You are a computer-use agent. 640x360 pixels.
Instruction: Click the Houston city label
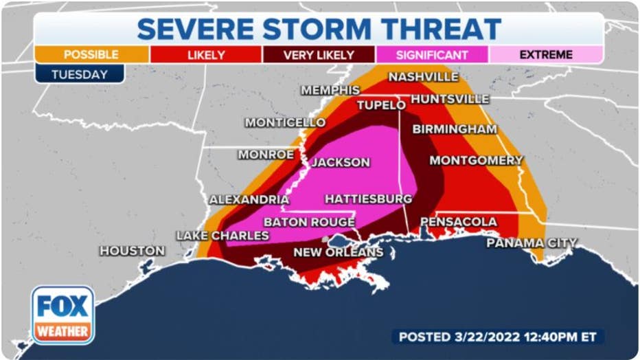point(132,251)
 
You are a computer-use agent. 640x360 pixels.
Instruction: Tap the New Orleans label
point(338,252)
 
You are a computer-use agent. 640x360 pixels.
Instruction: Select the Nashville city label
point(423,77)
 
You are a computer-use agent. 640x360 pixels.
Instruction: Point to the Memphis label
point(330,90)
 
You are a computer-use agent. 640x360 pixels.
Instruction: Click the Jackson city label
point(341,163)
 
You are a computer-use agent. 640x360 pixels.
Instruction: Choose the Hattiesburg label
point(368,199)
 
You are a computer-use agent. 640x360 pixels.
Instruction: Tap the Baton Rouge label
point(309,222)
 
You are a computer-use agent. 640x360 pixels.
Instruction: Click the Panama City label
point(532,243)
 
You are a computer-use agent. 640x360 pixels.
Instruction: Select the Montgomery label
point(476,160)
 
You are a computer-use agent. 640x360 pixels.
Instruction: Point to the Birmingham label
point(455,129)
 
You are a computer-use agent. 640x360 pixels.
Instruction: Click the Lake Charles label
point(222,236)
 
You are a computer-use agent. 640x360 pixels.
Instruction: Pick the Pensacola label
point(458,222)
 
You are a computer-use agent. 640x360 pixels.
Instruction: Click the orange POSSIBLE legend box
point(91,55)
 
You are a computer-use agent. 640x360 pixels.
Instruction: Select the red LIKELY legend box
point(205,55)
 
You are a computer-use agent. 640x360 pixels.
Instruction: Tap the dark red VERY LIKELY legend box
point(319,55)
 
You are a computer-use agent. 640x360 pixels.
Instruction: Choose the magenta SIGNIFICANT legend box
point(432,55)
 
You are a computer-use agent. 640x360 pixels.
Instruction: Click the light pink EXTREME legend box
point(546,55)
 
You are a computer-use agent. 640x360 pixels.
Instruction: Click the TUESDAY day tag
point(79,74)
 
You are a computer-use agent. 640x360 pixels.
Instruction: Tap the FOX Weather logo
point(62,315)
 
